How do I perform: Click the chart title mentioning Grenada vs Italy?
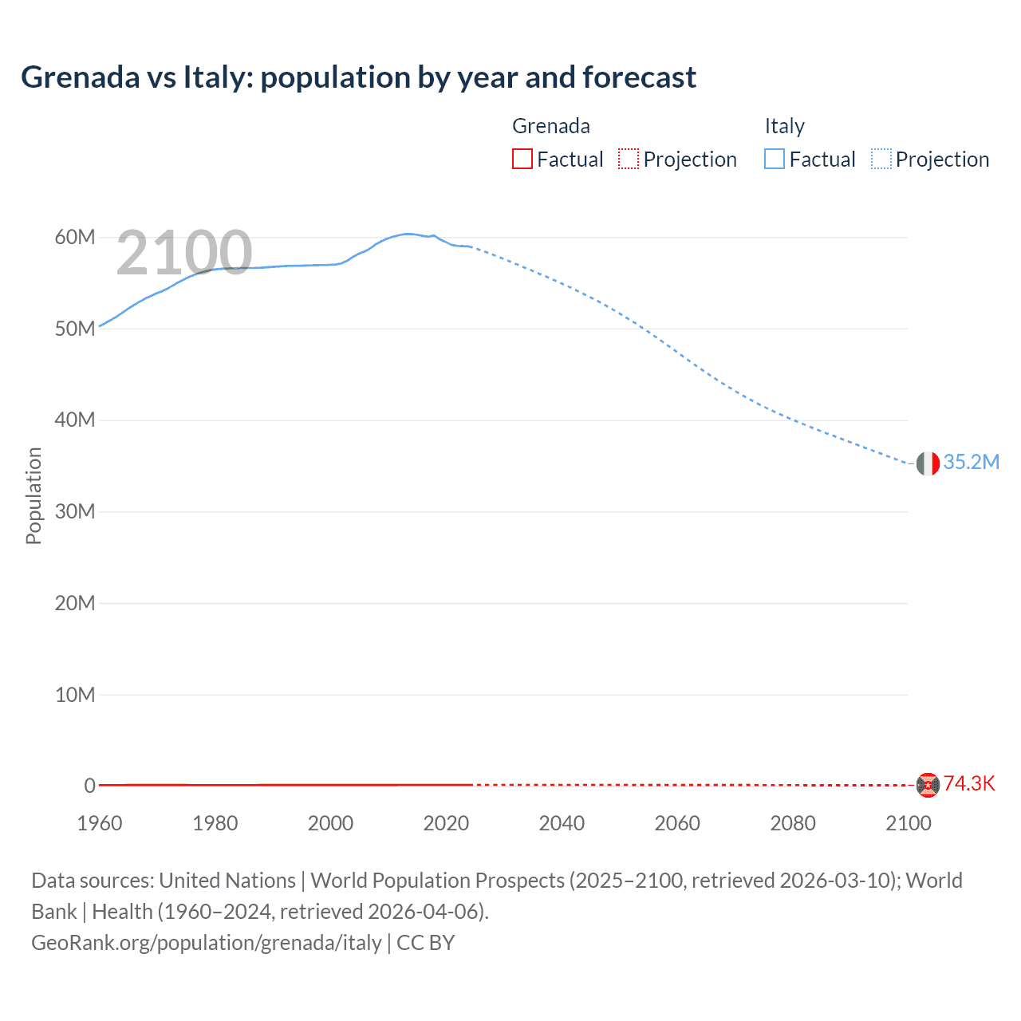point(358,77)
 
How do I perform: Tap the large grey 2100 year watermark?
point(184,253)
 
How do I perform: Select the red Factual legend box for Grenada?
point(522,160)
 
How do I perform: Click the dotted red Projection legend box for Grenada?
point(629,160)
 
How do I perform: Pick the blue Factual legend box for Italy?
point(775,160)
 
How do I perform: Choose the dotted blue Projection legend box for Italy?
point(881,160)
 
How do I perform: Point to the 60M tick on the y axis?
point(75,238)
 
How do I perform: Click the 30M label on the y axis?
point(75,512)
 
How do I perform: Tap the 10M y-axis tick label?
point(75,695)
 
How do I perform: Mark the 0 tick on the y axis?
point(89,786)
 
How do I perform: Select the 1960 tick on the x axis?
point(100,823)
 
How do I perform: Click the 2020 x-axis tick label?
point(446,823)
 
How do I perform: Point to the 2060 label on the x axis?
point(677,823)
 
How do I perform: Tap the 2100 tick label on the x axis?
point(908,823)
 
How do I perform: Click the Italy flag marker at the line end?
point(928,463)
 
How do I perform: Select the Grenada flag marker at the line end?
point(928,785)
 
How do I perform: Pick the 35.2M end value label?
point(971,463)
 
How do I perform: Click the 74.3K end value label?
point(969,784)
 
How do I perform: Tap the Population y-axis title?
point(34,495)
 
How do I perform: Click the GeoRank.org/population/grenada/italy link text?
point(207,943)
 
